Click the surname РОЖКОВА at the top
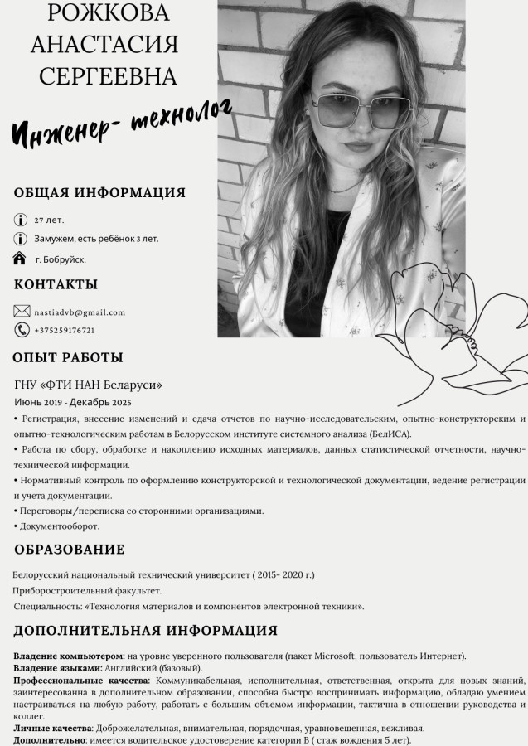point(109,13)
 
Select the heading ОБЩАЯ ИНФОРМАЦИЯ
point(99,193)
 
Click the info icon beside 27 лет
point(21,220)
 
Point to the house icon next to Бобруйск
point(21,259)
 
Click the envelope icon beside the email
point(22,312)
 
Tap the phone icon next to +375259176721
point(22,330)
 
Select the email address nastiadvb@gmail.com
point(80,312)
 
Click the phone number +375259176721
point(65,331)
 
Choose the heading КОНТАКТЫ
point(56,284)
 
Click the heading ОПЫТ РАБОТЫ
point(68,358)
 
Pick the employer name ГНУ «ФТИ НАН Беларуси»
point(89,385)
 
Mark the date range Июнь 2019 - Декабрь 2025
point(73,402)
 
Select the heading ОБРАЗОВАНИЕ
point(70,550)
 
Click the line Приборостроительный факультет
point(87,590)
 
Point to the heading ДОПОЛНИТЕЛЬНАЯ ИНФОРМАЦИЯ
point(145,631)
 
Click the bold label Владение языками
point(57,667)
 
